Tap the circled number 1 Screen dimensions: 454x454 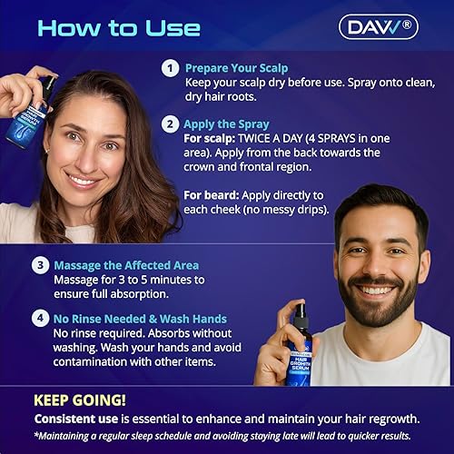[x=170, y=68]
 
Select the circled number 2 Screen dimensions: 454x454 [x=170, y=124]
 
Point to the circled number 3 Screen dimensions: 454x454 [x=40, y=266]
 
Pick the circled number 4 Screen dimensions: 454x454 [x=40, y=319]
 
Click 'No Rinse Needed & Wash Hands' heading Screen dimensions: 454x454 [x=141, y=319]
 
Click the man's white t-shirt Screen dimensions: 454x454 [x=400, y=359]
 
